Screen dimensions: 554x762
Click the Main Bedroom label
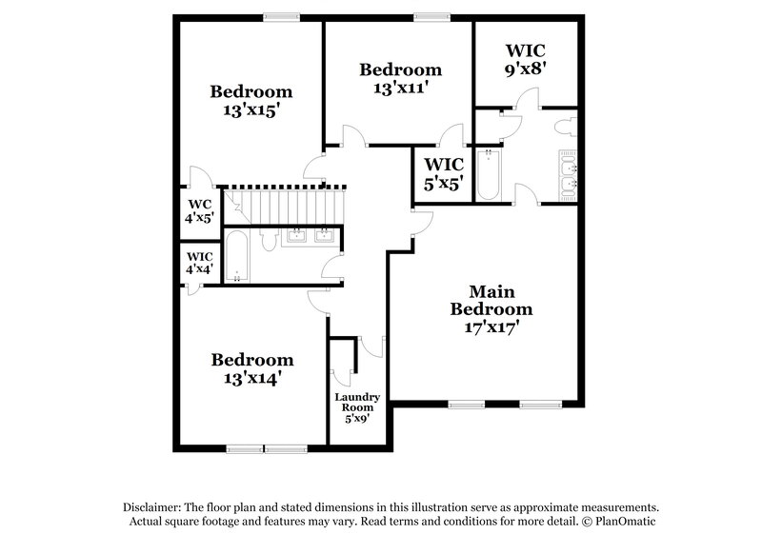coord(491,300)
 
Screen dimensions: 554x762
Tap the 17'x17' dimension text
coord(491,326)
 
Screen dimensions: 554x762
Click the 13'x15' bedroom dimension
coord(251,109)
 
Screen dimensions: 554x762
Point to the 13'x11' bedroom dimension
coord(400,88)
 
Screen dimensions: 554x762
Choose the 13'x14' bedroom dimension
coord(252,378)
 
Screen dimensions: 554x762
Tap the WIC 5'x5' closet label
coord(443,173)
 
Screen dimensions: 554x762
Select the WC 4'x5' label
coord(200,210)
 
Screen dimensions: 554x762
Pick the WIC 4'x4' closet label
coord(200,263)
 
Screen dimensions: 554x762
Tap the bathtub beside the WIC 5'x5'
coord(488,175)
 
